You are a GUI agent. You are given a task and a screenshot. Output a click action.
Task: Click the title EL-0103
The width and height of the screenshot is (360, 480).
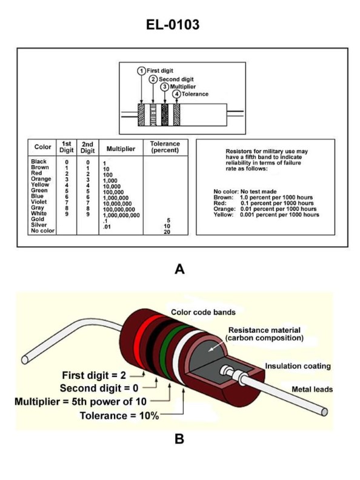click(x=180, y=25)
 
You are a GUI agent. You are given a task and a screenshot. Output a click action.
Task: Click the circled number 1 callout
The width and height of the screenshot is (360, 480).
click(x=141, y=71)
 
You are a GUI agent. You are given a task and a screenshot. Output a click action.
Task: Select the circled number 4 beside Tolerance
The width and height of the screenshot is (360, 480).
click(x=176, y=94)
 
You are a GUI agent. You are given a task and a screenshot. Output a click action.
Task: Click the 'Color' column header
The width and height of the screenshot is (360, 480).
click(x=42, y=147)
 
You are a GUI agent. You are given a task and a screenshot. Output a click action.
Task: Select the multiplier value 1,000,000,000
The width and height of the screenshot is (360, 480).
click(x=121, y=215)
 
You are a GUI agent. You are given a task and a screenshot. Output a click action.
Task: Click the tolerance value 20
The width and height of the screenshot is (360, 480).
click(x=166, y=232)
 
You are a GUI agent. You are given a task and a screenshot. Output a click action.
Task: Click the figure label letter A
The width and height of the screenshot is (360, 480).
click(x=179, y=269)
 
